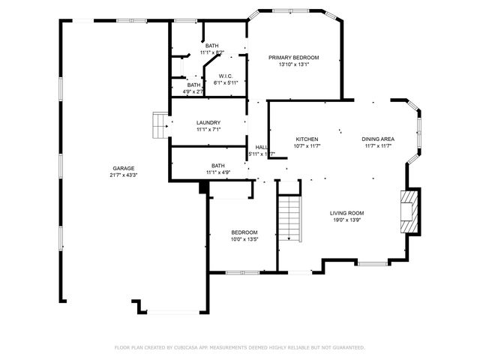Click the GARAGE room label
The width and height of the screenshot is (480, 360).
pyautogui.click(x=124, y=168)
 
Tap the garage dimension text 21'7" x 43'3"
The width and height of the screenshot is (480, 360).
pyautogui.click(x=124, y=175)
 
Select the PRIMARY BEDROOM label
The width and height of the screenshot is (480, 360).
pyautogui.click(x=294, y=58)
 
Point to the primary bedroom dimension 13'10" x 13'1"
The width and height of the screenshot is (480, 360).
pyautogui.click(x=294, y=64)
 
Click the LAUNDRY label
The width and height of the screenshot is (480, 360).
pyautogui.click(x=208, y=122)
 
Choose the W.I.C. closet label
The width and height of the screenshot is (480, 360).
pyautogui.click(x=226, y=76)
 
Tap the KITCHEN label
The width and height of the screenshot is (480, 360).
pyautogui.click(x=307, y=139)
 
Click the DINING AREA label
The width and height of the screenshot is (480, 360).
pyautogui.click(x=378, y=139)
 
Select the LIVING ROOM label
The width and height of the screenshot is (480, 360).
pyautogui.click(x=346, y=213)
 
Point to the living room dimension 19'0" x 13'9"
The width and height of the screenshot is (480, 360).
pyautogui.click(x=346, y=220)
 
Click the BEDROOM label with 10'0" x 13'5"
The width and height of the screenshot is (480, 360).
pyautogui.click(x=244, y=232)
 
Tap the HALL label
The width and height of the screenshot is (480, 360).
pyautogui.click(x=261, y=147)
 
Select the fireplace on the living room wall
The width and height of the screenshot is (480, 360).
pyautogui.click(x=409, y=211)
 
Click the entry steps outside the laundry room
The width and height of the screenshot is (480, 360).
pyautogui.click(x=160, y=124)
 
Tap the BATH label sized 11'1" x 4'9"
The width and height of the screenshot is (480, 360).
pyautogui.click(x=218, y=165)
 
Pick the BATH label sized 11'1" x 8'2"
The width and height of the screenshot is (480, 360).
pyautogui.click(x=212, y=46)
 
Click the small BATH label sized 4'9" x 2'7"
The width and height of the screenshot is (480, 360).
pyautogui.click(x=194, y=85)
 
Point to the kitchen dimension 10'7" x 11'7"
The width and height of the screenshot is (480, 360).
pyautogui.click(x=307, y=147)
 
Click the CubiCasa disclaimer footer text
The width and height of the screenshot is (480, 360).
pyautogui.click(x=239, y=347)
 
